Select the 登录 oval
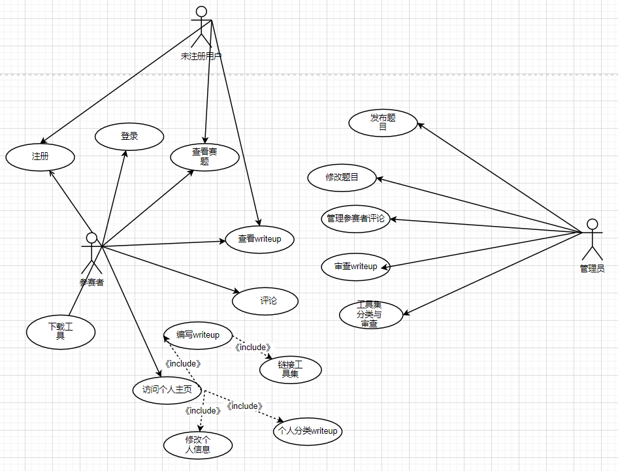point(129,137)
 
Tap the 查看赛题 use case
point(204,157)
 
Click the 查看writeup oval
point(259,239)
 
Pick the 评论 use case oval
point(265,301)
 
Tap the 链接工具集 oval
point(290,370)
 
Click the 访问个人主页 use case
point(163,391)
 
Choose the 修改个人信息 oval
point(197,445)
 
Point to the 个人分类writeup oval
point(308,431)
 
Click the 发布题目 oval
point(383,123)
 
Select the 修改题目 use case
point(342,177)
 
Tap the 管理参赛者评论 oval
point(356,219)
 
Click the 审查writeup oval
point(355,267)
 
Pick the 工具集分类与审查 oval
point(370,314)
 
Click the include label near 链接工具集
point(252,348)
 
